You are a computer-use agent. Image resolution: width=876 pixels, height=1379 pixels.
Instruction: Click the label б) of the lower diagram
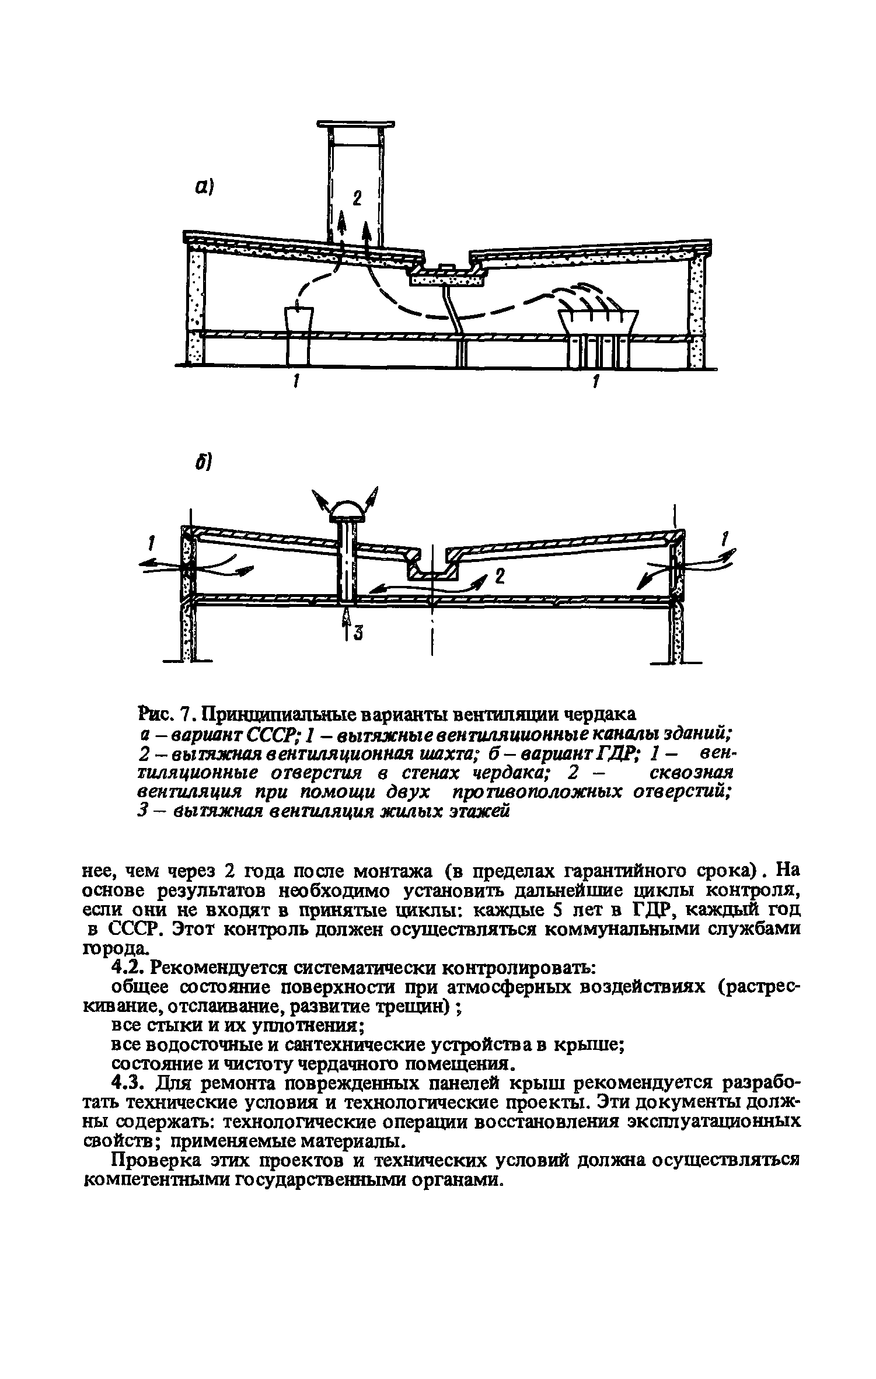tap(203, 463)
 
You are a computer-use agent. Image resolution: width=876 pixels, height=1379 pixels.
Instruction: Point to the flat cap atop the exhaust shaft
tap(355, 124)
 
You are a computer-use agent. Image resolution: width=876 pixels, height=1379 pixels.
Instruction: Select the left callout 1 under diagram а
tap(297, 382)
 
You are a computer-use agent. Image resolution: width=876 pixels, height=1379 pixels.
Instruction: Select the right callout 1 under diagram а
tap(596, 382)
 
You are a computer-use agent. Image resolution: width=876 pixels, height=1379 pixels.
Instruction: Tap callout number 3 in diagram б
tap(358, 632)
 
